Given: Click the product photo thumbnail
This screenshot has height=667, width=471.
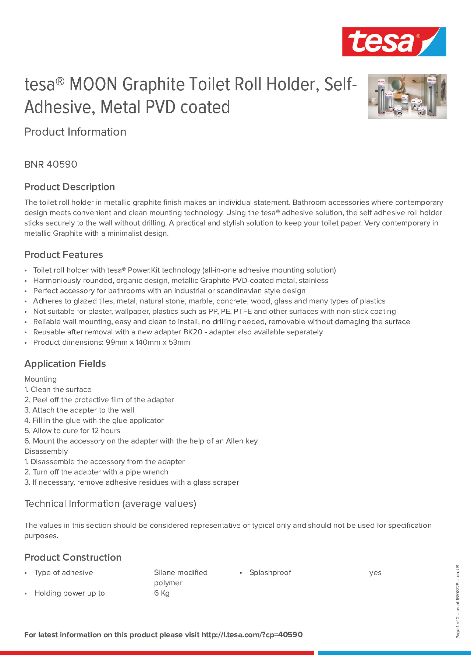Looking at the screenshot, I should tap(407, 96).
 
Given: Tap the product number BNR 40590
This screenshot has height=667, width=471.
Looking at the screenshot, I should tap(51, 164).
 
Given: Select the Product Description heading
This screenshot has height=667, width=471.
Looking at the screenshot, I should tap(70, 187).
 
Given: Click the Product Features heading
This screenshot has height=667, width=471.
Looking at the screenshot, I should tap(64, 254).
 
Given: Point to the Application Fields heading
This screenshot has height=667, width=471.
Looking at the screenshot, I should tap(65, 364).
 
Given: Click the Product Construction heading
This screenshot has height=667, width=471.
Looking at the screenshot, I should tap(73, 557).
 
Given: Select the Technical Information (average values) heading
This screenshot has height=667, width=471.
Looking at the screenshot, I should tap(110, 503).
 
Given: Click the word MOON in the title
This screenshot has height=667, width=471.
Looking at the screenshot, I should tap(93, 84).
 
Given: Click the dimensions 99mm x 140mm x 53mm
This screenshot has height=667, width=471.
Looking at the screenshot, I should tap(148, 342).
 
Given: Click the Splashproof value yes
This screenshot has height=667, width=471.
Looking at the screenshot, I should tap(375, 573).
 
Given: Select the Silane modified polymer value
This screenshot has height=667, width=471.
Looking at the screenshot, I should tap(181, 578).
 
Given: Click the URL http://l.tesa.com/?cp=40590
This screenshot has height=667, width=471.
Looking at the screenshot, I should tap(252, 635).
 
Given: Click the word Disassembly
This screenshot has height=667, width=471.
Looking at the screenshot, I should tap(46, 451).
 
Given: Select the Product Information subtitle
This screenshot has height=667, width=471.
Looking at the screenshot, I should tap(75, 132).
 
